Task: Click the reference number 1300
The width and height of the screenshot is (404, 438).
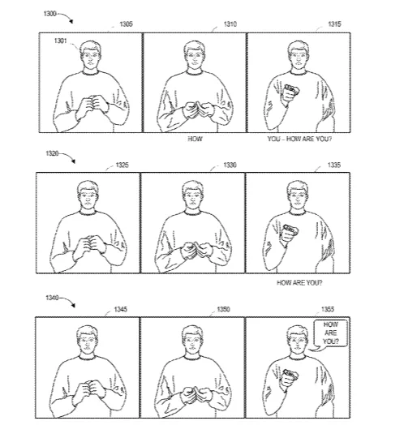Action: [x=50, y=14]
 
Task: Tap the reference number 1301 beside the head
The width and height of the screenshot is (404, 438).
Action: [x=61, y=41]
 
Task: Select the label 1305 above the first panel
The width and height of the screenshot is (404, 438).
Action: [x=126, y=24]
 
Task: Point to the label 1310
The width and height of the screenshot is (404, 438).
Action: [x=230, y=24]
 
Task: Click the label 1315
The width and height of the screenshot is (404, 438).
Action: [x=334, y=24]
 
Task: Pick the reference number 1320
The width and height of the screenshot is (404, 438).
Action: [x=52, y=153]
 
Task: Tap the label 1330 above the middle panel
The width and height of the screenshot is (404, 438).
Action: [x=230, y=165]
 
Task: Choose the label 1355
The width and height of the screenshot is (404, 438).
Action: [x=328, y=309]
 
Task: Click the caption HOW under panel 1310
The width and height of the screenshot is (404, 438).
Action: [x=195, y=139]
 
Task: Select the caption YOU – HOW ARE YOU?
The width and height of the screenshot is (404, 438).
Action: [x=299, y=139]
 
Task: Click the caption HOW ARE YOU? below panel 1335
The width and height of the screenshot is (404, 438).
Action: [x=299, y=283]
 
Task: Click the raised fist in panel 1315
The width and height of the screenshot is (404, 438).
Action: [x=290, y=93]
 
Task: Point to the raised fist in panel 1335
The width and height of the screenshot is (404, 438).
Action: [x=290, y=233]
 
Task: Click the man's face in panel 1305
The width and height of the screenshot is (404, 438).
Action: [x=90, y=59]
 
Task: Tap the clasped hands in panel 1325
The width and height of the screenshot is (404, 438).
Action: [x=90, y=246]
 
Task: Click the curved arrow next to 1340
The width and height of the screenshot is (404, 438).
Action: [x=67, y=301]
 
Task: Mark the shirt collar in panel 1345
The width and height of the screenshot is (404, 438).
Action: [x=87, y=357]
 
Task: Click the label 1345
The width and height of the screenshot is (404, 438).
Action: [x=120, y=309]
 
